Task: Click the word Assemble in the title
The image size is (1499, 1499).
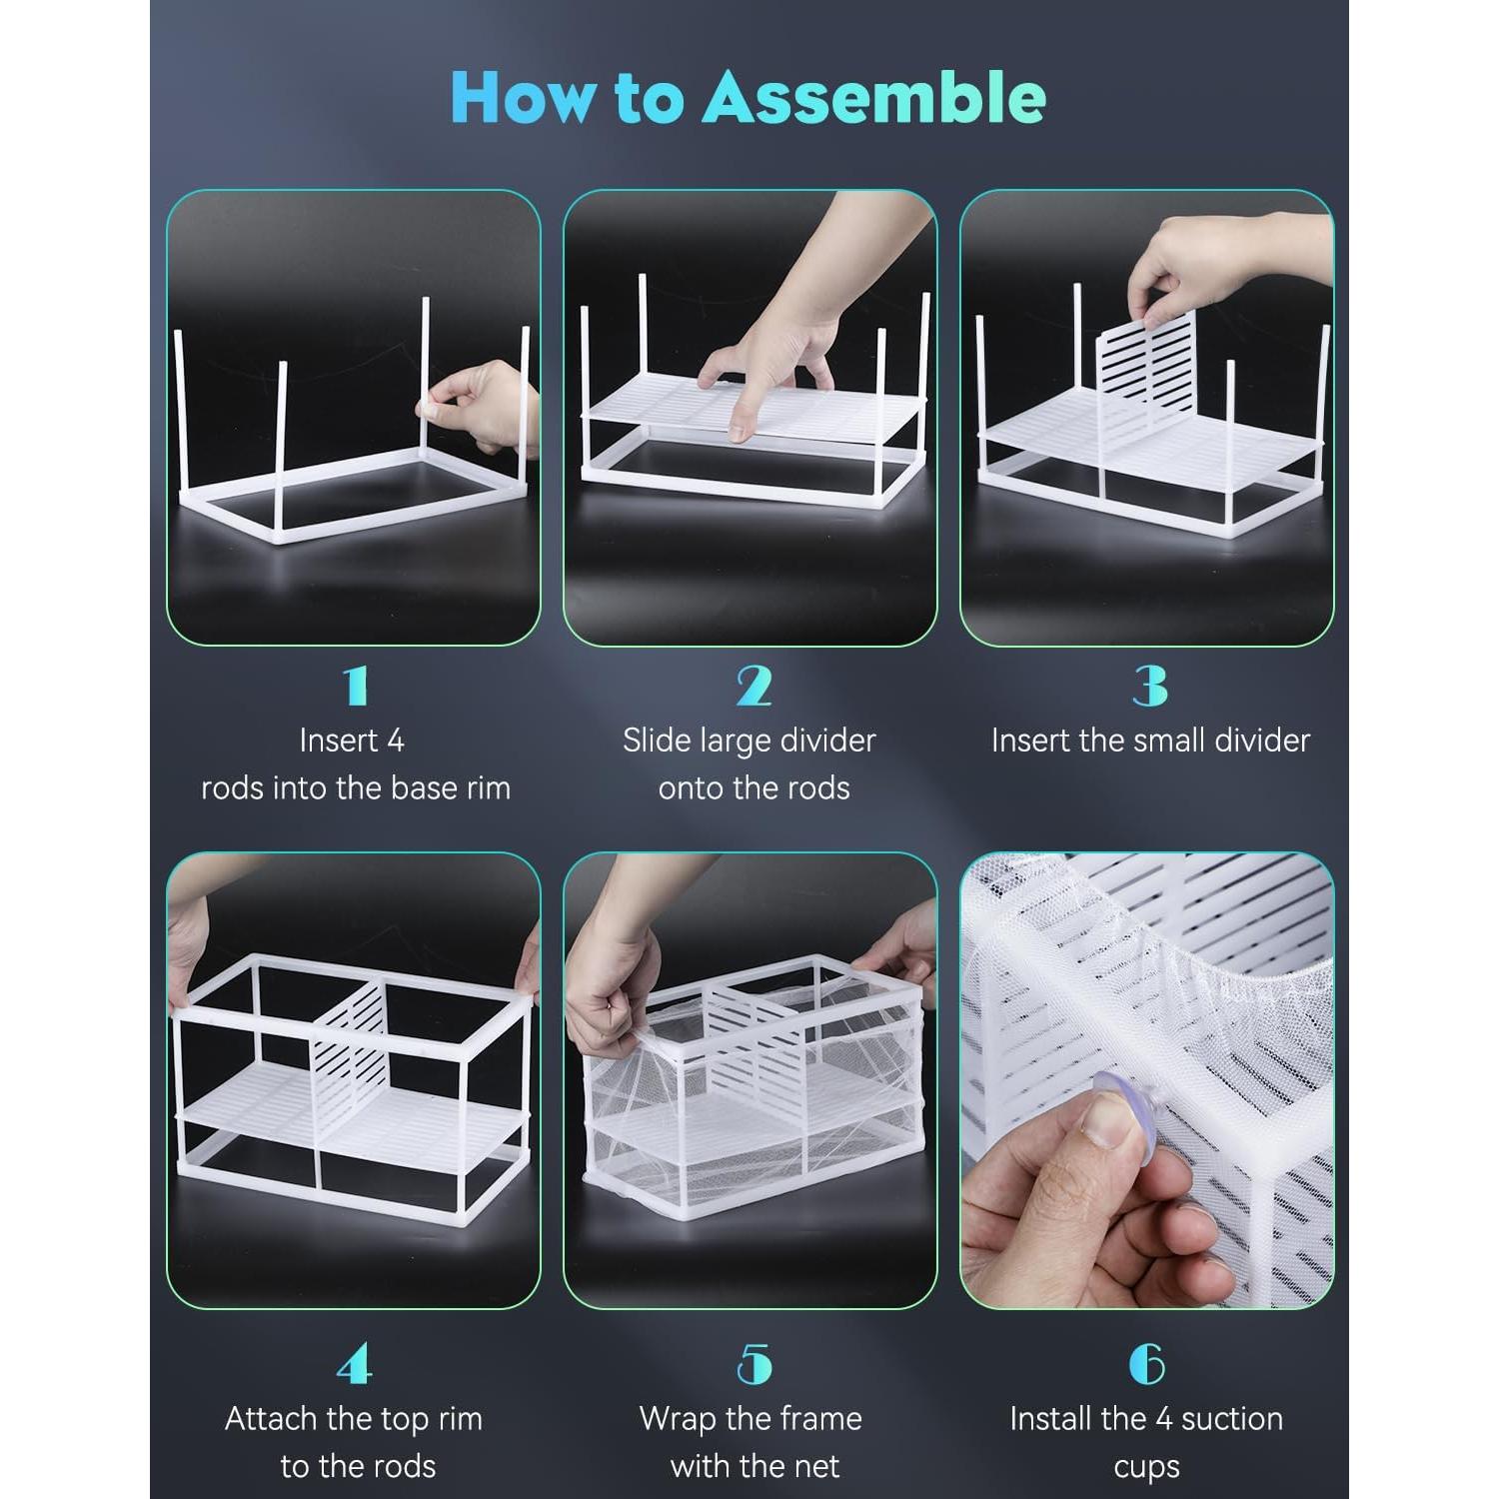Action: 874,98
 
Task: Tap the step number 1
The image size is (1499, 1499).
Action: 355,686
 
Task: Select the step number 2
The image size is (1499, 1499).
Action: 753,686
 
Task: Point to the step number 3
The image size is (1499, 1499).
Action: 1149,686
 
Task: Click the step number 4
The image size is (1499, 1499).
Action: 355,1364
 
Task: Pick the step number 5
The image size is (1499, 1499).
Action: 753,1364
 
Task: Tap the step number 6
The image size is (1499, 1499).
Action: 1147,1364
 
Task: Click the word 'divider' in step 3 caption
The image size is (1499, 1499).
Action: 1257,741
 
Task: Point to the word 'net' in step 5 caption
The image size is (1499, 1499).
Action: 814,1467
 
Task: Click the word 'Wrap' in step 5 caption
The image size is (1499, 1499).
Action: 677,1419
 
